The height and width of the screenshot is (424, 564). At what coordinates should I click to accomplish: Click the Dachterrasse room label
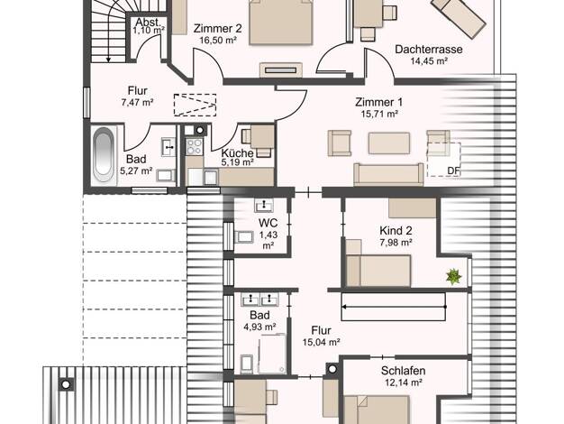[428, 49]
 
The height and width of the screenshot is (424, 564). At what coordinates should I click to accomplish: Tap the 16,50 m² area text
[218, 40]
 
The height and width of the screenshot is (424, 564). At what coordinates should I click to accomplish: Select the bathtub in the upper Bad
[103, 156]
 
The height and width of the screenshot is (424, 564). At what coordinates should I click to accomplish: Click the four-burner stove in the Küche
[195, 146]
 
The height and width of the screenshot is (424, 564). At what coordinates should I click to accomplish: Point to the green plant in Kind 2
[453, 276]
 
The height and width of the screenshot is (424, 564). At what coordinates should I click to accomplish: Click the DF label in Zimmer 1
[453, 171]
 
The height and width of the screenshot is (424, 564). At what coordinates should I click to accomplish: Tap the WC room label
[268, 223]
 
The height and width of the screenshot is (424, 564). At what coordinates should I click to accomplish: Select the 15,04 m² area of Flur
[322, 342]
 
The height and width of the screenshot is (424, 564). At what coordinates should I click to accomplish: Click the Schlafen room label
[404, 371]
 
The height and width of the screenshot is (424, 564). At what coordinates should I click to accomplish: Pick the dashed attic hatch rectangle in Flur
[195, 105]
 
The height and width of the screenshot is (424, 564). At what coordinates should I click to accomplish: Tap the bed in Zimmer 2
[280, 23]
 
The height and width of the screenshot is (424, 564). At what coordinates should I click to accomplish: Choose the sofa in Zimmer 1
[388, 174]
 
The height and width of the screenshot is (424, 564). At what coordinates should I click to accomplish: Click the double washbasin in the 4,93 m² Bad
[259, 299]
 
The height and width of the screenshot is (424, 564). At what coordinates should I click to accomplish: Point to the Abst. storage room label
[148, 22]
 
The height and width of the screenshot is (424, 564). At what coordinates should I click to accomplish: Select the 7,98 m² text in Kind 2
[396, 243]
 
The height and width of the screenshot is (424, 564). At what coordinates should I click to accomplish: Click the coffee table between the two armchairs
[389, 143]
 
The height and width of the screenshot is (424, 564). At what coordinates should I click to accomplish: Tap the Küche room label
[237, 152]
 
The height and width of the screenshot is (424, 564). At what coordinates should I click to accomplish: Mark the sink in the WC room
[264, 205]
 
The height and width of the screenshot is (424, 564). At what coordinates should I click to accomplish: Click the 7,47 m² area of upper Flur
[138, 103]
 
